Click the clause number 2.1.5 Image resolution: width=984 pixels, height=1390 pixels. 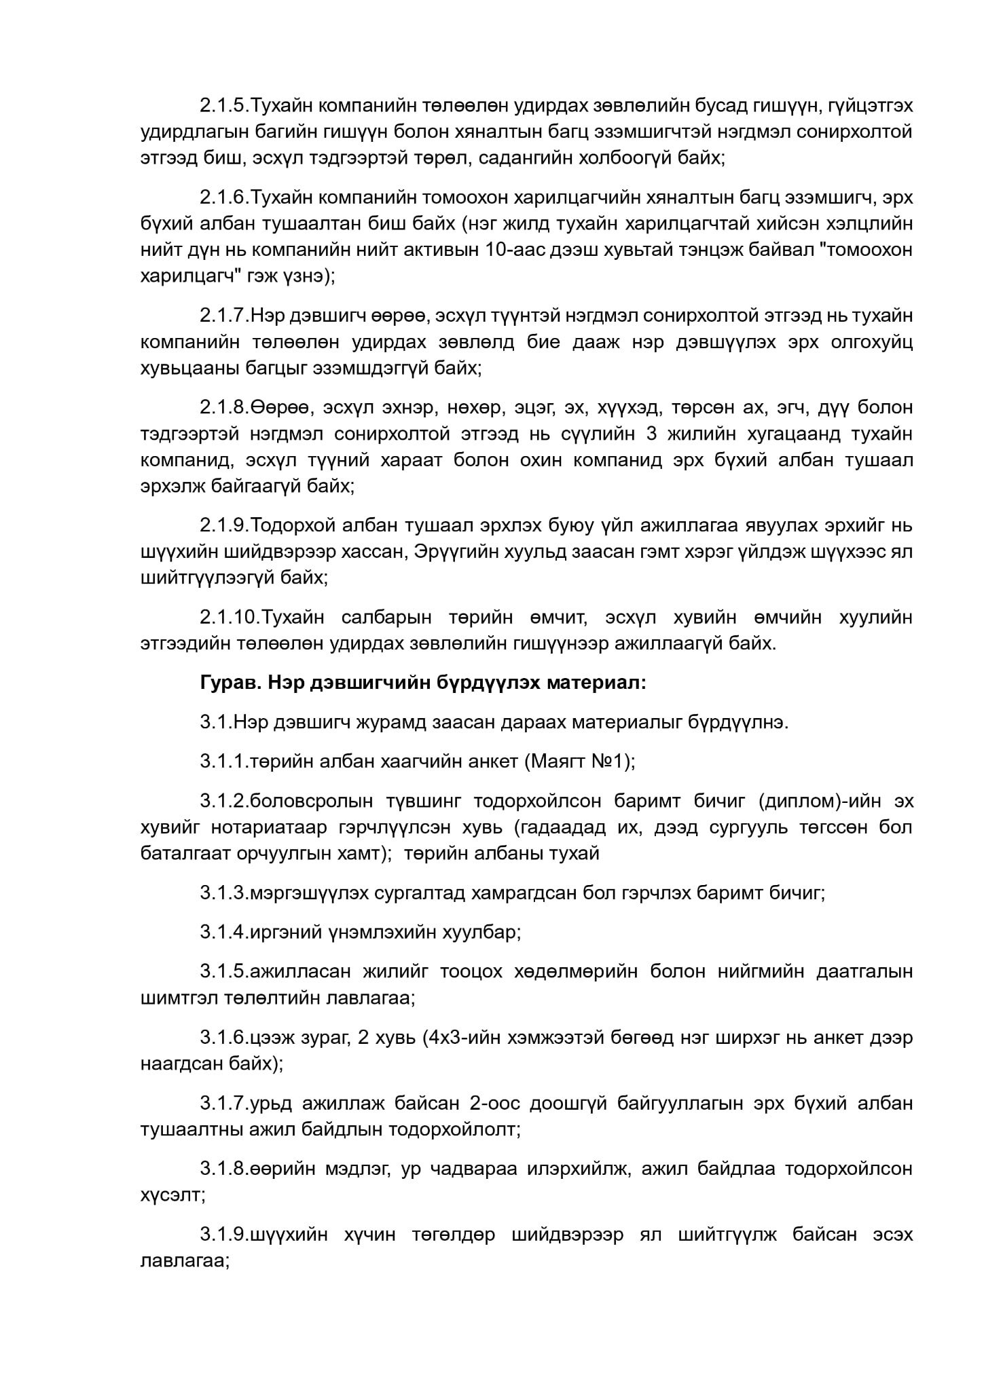pyautogui.click(x=224, y=106)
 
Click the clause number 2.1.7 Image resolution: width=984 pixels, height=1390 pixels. pyautogui.click(x=224, y=316)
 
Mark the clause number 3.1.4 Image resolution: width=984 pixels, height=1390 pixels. pyautogui.click(x=224, y=932)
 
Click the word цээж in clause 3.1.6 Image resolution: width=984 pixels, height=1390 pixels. pyautogui.click(x=273, y=1037)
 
